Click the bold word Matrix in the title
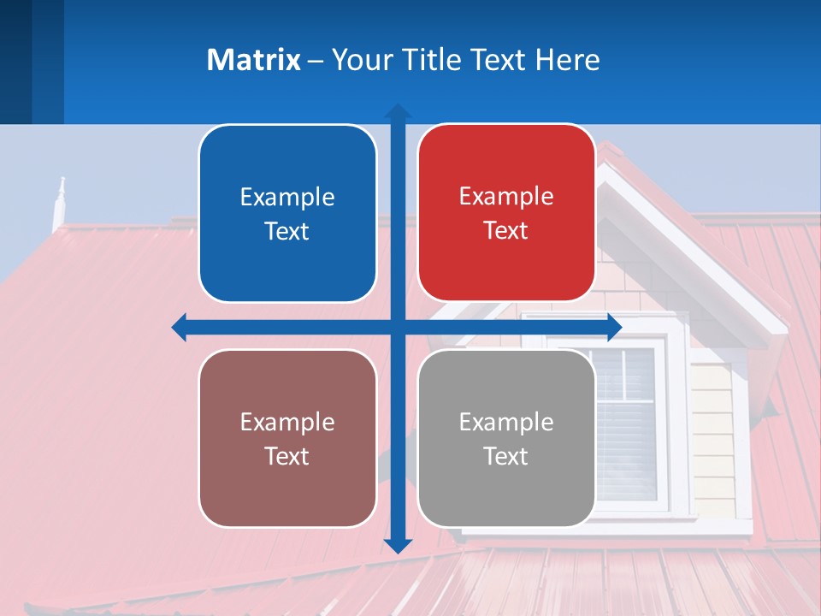253,60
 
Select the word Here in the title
567,60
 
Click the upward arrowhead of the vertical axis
398,112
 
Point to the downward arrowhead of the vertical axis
398,545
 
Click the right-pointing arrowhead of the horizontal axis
613,328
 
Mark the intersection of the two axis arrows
398,328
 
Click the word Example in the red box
506,196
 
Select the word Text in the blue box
286,232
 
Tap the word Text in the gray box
505,457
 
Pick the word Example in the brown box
287,422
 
